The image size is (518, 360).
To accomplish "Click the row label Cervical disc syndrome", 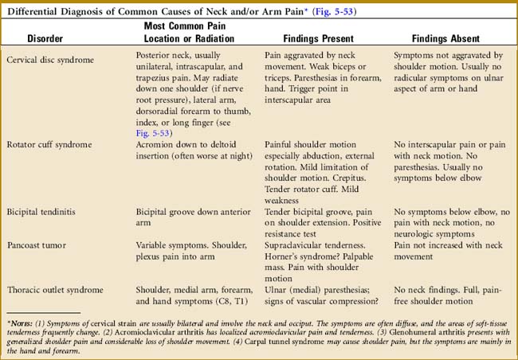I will click(x=49, y=61).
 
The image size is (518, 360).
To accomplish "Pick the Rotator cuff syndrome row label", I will click(x=49, y=144).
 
